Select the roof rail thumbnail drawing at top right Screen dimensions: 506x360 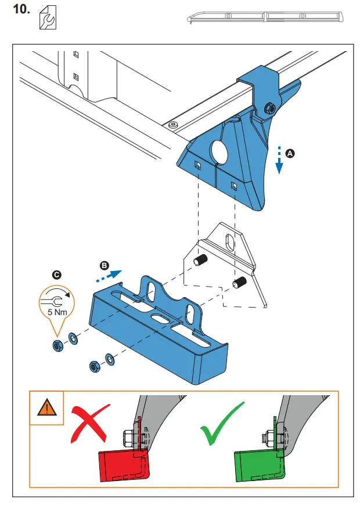click(265, 16)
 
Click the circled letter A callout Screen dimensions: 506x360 click(291, 153)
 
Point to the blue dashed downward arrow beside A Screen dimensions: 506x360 click(279, 160)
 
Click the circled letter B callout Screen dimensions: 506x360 click(105, 265)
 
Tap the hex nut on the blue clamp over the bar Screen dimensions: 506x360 click(269, 107)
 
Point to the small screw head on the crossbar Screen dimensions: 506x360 click(172, 124)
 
